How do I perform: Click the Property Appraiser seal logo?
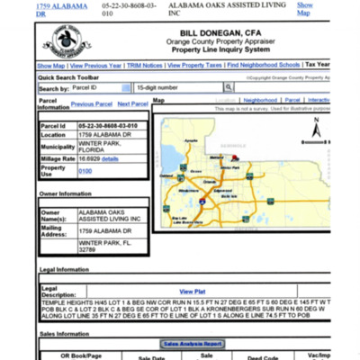(62, 41)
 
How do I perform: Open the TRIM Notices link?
(144, 66)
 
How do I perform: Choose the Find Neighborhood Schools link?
(264, 66)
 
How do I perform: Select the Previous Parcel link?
(92, 104)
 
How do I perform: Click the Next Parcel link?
(132, 104)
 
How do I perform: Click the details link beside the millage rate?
(110, 158)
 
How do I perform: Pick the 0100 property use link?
(85, 171)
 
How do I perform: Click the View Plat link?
(193, 292)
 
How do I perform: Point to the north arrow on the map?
(314, 132)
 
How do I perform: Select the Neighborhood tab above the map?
(260, 100)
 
